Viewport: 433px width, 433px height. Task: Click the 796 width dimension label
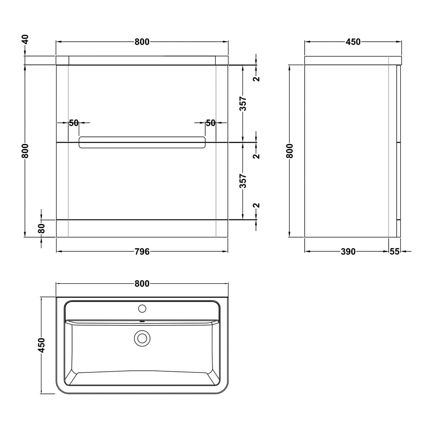pyautogui.click(x=142, y=252)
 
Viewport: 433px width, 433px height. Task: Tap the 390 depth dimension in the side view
pyautogui.click(x=348, y=252)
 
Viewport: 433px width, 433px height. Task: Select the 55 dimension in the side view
pyautogui.click(x=394, y=252)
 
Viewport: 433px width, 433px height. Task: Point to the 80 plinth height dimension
pyautogui.click(x=42, y=228)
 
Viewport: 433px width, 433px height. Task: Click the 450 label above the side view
pyautogui.click(x=353, y=42)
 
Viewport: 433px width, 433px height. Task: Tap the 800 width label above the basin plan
pyautogui.click(x=142, y=284)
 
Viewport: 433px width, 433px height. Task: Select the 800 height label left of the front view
pyautogui.click(x=26, y=150)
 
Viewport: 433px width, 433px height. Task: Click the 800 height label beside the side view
pyautogui.click(x=290, y=150)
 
